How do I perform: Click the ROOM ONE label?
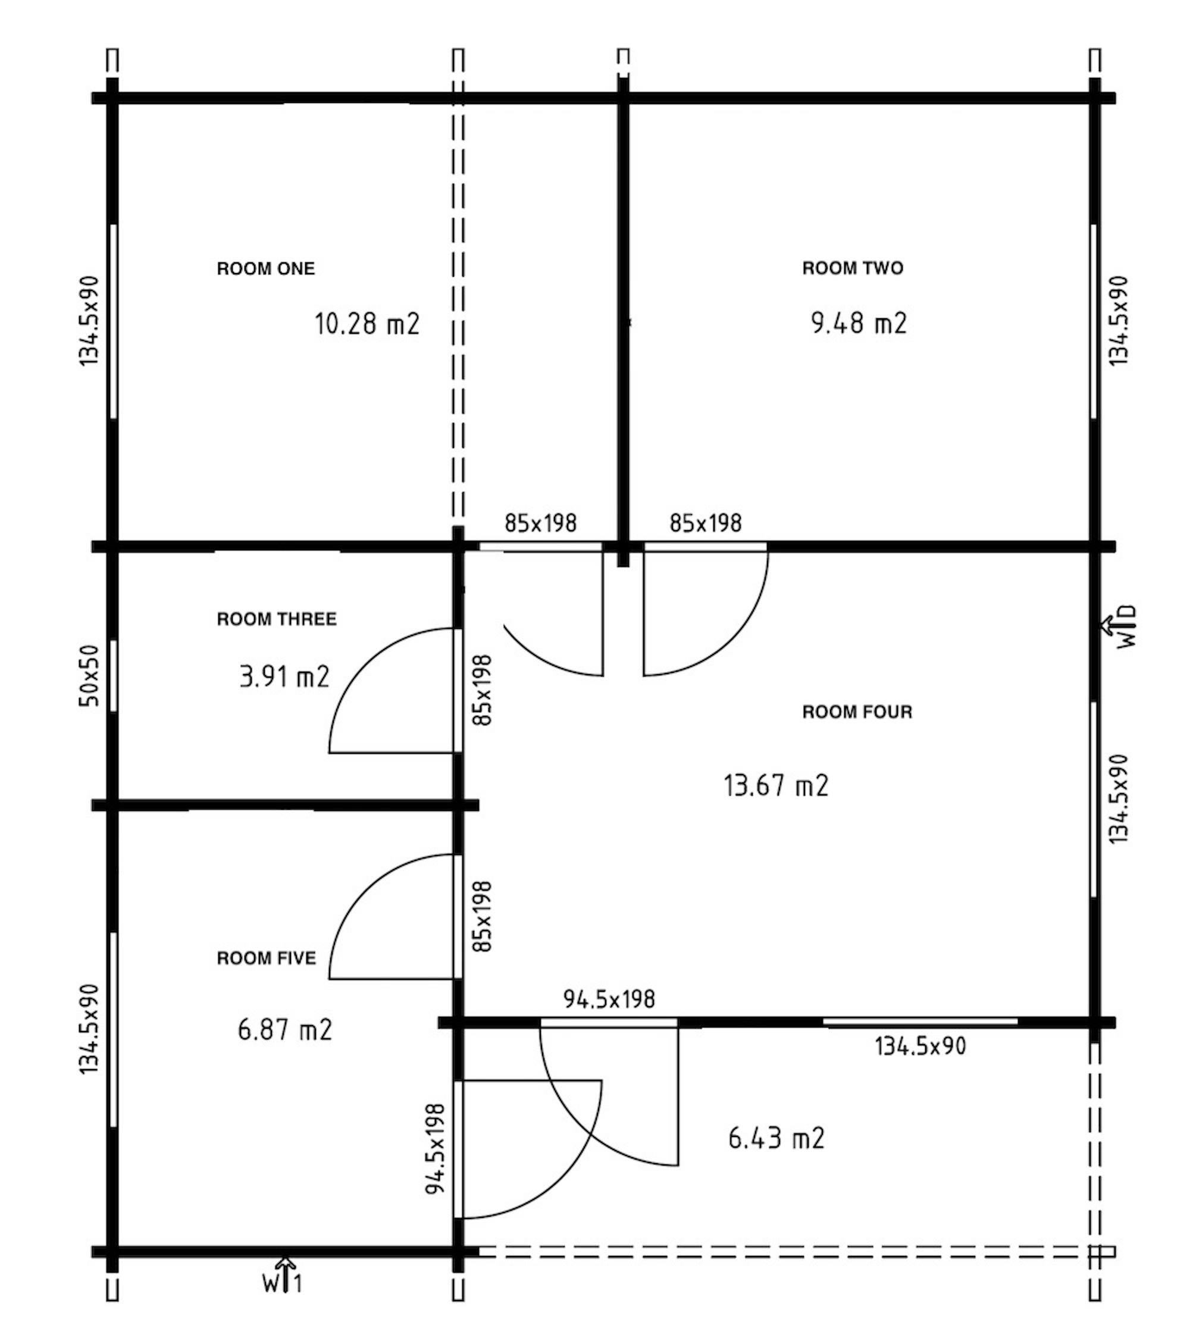coord(265,269)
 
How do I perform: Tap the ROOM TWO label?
coord(853,268)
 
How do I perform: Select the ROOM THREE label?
coord(277,619)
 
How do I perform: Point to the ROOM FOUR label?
coord(857,712)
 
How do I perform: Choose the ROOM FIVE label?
coord(266,958)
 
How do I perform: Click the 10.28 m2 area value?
coord(367,324)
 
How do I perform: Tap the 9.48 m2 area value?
coord(859,323)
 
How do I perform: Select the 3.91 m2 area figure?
coord(284,676)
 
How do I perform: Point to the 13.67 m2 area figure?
coord(776,785)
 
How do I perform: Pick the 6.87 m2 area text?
coord(285,1030)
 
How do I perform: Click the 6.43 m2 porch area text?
coord(776,1138)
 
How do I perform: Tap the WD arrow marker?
coord(1119,627)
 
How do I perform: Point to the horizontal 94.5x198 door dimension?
coord(609,1000)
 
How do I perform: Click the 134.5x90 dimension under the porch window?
coord(920,1046)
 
